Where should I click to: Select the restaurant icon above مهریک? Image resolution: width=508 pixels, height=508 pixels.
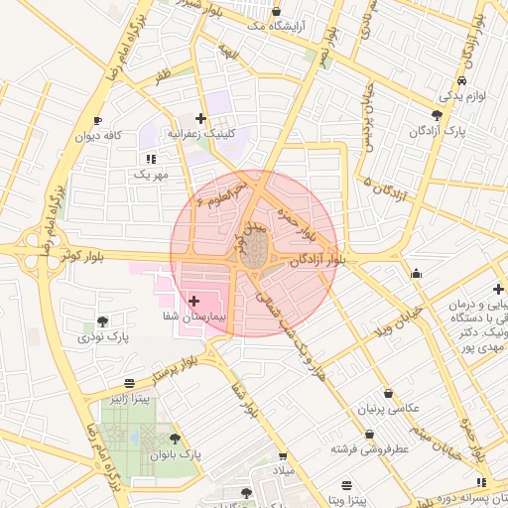pyautogui.click(x=150, y=158)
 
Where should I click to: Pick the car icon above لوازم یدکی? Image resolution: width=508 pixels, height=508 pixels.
pyautogui.click(x=461, y=81)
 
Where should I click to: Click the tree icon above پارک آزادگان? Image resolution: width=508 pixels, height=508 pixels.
pyautogui.click(x=437, y=115)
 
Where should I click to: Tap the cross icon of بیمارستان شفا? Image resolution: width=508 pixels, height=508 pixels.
pyautogui.click(x=193, y=300)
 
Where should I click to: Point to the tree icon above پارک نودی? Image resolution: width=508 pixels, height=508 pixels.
pyautogui.click(x=102, y=321)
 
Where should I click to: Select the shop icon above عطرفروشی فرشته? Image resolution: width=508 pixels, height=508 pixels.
pyautogui.click(x=370, y=435)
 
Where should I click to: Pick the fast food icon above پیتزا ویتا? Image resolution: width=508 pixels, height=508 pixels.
pyautogui.click(x=345, y=484)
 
